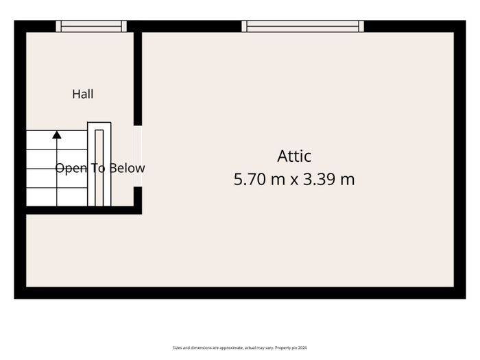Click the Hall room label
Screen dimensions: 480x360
[x=83, y=94]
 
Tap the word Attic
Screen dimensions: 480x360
[x=294, y=156]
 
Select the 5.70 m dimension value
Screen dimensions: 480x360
[x=260, y=179]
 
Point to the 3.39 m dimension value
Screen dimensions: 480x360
[x=328, y=179]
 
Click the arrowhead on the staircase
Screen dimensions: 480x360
[x=57, y=134]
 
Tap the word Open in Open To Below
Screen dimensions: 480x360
[x=71, y=169]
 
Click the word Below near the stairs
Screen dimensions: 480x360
[x=127, y=168]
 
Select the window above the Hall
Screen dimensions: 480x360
[x=91, y=26]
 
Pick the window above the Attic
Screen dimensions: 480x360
[x=303, y=26]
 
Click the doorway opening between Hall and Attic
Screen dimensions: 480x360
[x=138, y=156]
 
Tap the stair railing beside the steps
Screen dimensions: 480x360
[x=99, y=164]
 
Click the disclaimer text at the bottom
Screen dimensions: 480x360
[x=240, y=348]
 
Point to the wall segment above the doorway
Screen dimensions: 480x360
[x=138, y=79]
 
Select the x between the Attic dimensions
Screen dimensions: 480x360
[x=294, y=180]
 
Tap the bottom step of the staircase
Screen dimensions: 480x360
[x=57, y=197]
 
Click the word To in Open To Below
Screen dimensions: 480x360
[x=98, y=168]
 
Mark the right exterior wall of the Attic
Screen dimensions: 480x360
[x=460, y=160]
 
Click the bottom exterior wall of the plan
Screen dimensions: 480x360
[x=240, y=293]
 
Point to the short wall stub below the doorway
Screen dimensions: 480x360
[x=138, y=200]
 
